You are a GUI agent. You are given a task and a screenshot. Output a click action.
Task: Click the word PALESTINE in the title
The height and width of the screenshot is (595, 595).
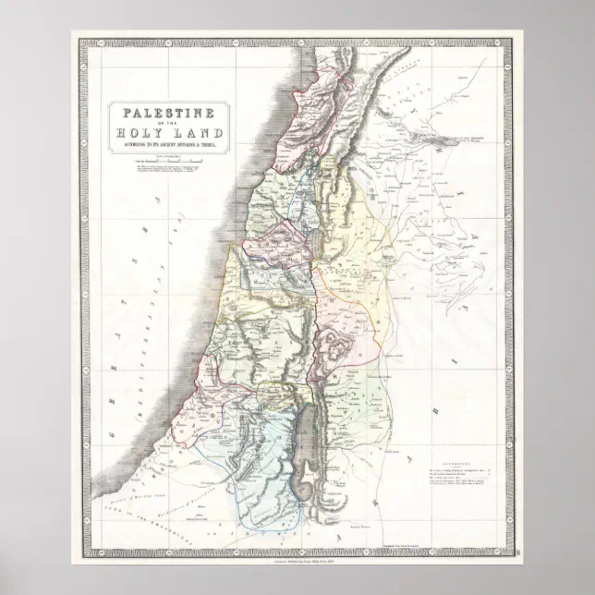tap(167, 113)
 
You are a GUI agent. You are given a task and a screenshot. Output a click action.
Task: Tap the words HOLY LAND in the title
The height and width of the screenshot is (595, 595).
tap(167, 132)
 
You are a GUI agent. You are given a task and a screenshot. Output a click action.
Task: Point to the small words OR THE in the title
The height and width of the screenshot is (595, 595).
tap(167, 122)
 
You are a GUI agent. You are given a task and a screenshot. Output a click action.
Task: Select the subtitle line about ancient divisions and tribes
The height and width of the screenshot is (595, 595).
tap(167, 143)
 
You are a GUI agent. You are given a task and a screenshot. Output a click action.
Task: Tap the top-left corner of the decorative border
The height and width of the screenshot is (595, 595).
tap(79, 38)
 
